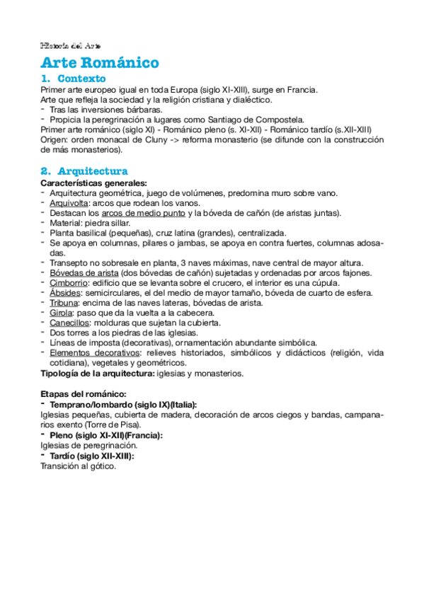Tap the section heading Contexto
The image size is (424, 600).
(81, 79)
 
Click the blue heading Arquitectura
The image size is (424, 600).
(92, 171)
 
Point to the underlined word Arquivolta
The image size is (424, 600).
(69, 204)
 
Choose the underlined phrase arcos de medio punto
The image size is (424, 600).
(143, 214)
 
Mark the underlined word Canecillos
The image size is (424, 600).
(69, 323)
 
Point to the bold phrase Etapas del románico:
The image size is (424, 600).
(84, 393)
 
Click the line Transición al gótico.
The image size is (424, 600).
(78, 466)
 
